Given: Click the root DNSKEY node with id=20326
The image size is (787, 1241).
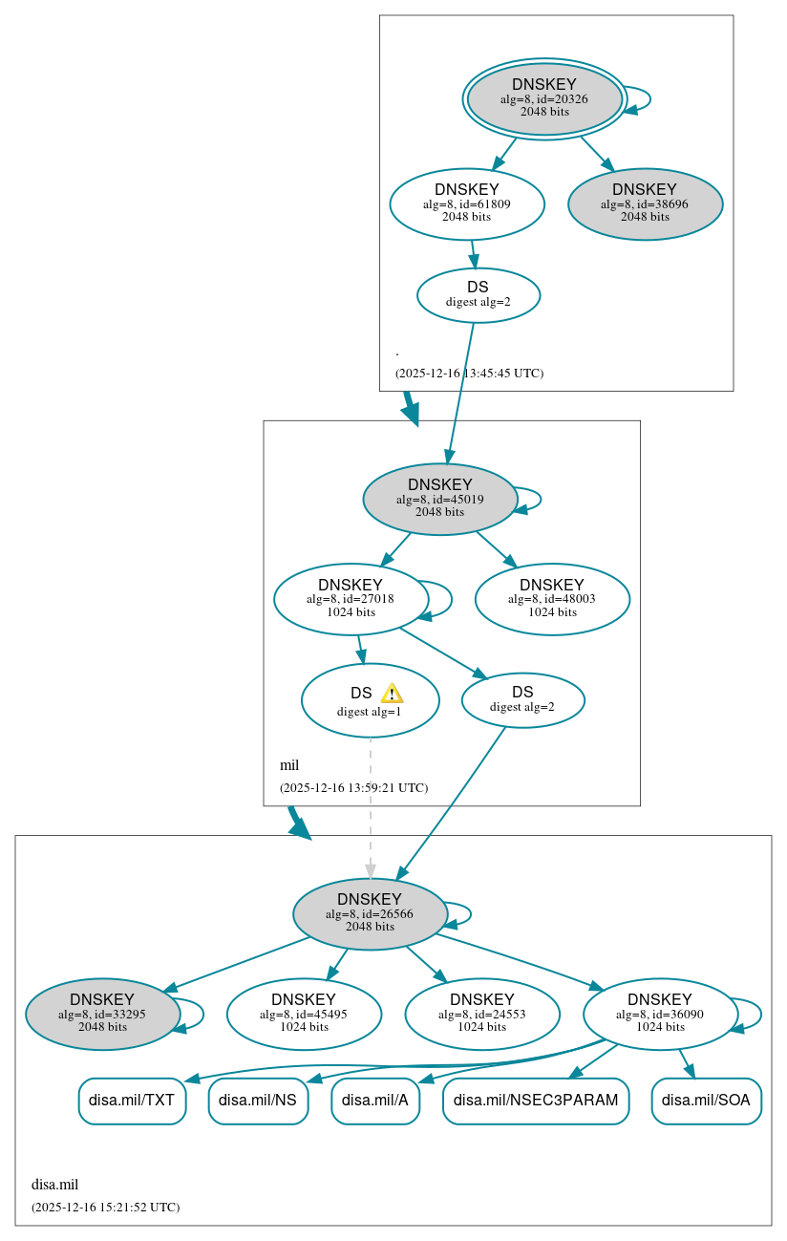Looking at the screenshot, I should coord(544,98).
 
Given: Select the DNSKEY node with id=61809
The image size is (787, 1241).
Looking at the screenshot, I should coord(467,203).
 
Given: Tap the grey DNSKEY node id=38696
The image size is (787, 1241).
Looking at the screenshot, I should coord(645,203).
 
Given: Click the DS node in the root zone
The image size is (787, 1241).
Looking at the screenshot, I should coord(478,294).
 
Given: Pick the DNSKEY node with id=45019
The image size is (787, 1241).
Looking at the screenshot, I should coord(440,499).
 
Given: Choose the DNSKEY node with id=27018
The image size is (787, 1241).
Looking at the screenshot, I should coord(351,599).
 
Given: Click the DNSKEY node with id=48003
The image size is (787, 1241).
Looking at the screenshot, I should coord(552,599).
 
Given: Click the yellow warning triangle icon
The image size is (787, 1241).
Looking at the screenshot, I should coord(392,694).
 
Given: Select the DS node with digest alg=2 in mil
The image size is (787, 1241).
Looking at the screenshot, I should coord(522,700).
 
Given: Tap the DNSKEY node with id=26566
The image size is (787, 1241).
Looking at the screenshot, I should coord(370,913).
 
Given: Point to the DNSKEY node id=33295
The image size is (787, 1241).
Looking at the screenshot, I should coord(102,1014).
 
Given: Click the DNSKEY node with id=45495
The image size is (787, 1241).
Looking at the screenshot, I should coord(304,1014).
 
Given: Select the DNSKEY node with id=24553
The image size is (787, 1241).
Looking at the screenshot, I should coord(481,1014).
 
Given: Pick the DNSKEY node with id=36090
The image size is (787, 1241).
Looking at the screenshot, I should coord(660,1014).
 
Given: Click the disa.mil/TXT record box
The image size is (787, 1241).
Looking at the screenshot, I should coord(132,1101).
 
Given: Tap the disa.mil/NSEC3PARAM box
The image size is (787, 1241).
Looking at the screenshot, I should coord(536,1101).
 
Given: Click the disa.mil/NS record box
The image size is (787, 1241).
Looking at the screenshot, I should coord(258,1101).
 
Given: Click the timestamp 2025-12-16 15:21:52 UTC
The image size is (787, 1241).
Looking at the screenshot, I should coord(105,1207).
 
